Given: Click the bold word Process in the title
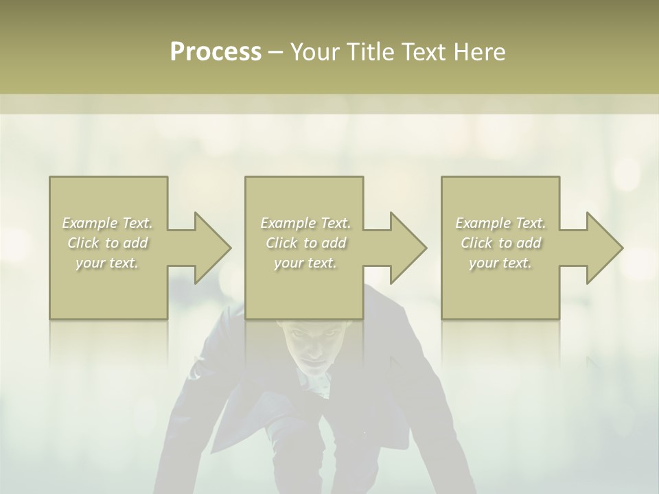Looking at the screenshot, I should click(216, 52).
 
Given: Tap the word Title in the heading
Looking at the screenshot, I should click(371, 52).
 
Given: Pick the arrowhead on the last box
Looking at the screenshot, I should click(603, 248).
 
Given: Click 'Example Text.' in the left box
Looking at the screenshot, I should click(108, 223).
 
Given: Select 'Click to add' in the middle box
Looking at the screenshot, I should click(305, 243).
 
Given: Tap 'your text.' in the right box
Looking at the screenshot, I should click(500, 263).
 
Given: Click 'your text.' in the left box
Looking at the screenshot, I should click(108, 263).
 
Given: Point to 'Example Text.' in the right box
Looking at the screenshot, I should click(500, 223).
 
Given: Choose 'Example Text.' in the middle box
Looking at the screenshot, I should click(305, 223).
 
